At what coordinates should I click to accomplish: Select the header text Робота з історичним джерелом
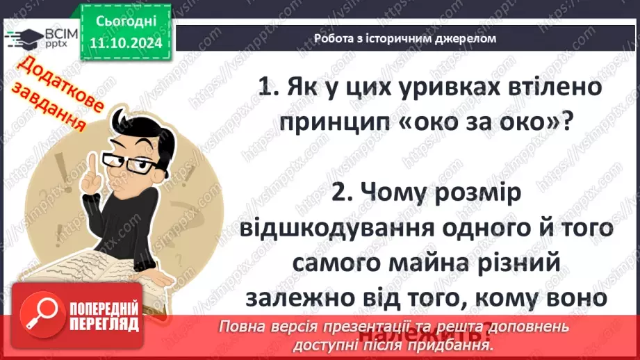[x=405, y=39]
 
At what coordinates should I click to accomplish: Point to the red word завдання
[x=55, y=113]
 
